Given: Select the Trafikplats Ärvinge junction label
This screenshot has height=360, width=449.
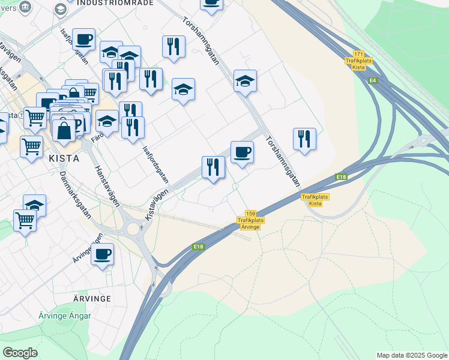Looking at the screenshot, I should tap(250, 224).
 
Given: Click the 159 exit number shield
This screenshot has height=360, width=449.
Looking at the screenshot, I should tap(250, 214).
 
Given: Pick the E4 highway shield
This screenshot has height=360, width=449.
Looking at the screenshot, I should tap(373, 80).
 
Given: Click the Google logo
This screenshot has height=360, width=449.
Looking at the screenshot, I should tap(20, 353).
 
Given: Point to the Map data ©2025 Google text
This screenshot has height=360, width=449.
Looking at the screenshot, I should tap(411, 355).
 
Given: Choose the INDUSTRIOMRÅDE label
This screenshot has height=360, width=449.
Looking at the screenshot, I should tap(115, 2).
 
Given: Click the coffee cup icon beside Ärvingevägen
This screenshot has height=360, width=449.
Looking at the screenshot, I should tap(102, 254).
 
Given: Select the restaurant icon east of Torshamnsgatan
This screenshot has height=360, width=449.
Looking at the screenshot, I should tap(304, 139).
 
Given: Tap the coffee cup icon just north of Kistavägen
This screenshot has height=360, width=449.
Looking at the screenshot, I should tap(242, 152).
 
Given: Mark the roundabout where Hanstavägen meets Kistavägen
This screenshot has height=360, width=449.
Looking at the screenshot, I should tap(134, 227).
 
